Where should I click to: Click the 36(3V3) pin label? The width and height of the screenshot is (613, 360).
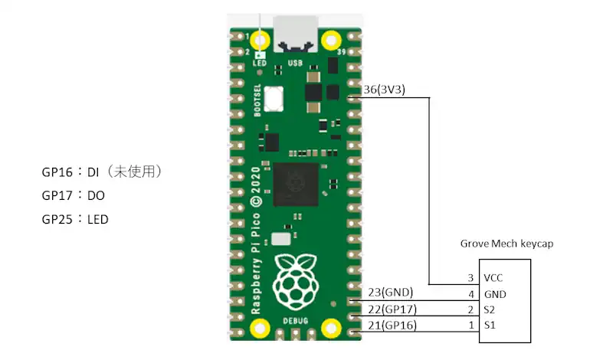click(385, 90)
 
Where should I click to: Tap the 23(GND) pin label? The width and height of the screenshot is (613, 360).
click(390, 292)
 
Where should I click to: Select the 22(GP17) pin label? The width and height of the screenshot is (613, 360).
click(392, 309)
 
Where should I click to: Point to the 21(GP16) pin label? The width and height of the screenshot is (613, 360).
click(392, 326)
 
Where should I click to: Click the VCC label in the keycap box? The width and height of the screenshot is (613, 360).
click(494, 277)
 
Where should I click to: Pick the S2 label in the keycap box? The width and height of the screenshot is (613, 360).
click(490, 309)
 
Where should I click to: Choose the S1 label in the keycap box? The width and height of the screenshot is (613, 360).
click(490, 326)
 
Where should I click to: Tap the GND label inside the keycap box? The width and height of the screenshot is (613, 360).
click(495, 293)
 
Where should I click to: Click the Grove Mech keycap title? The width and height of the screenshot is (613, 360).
click(506, 244)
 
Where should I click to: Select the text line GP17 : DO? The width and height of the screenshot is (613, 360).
click(74, 195)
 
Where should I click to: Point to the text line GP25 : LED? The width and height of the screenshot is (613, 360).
click(75, 219)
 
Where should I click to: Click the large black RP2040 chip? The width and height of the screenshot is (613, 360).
click(294, 183)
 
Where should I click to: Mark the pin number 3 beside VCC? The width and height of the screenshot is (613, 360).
click(470, 277)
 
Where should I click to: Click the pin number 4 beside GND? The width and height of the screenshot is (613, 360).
click(470, 293)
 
